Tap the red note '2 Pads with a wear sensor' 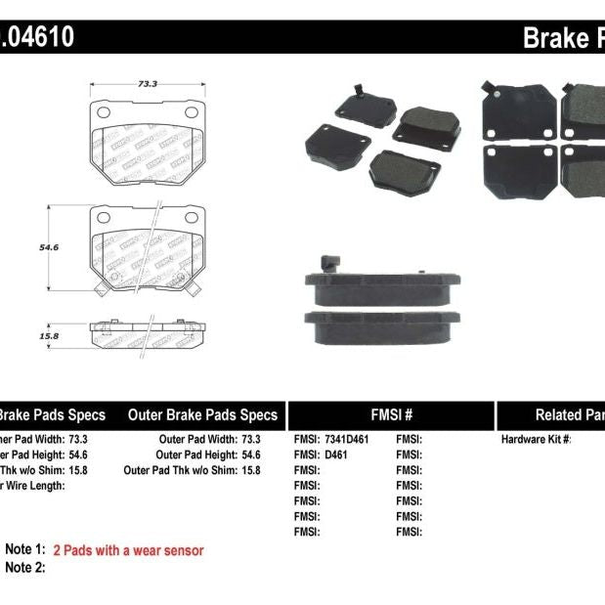pos(128,550)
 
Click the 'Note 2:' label pos(25,567)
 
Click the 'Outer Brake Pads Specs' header pos(202,414)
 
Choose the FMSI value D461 pos(335,454)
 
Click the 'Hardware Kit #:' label pos(536,439)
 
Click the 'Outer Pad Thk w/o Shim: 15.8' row pos(192,470)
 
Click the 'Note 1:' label pos(25,550)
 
